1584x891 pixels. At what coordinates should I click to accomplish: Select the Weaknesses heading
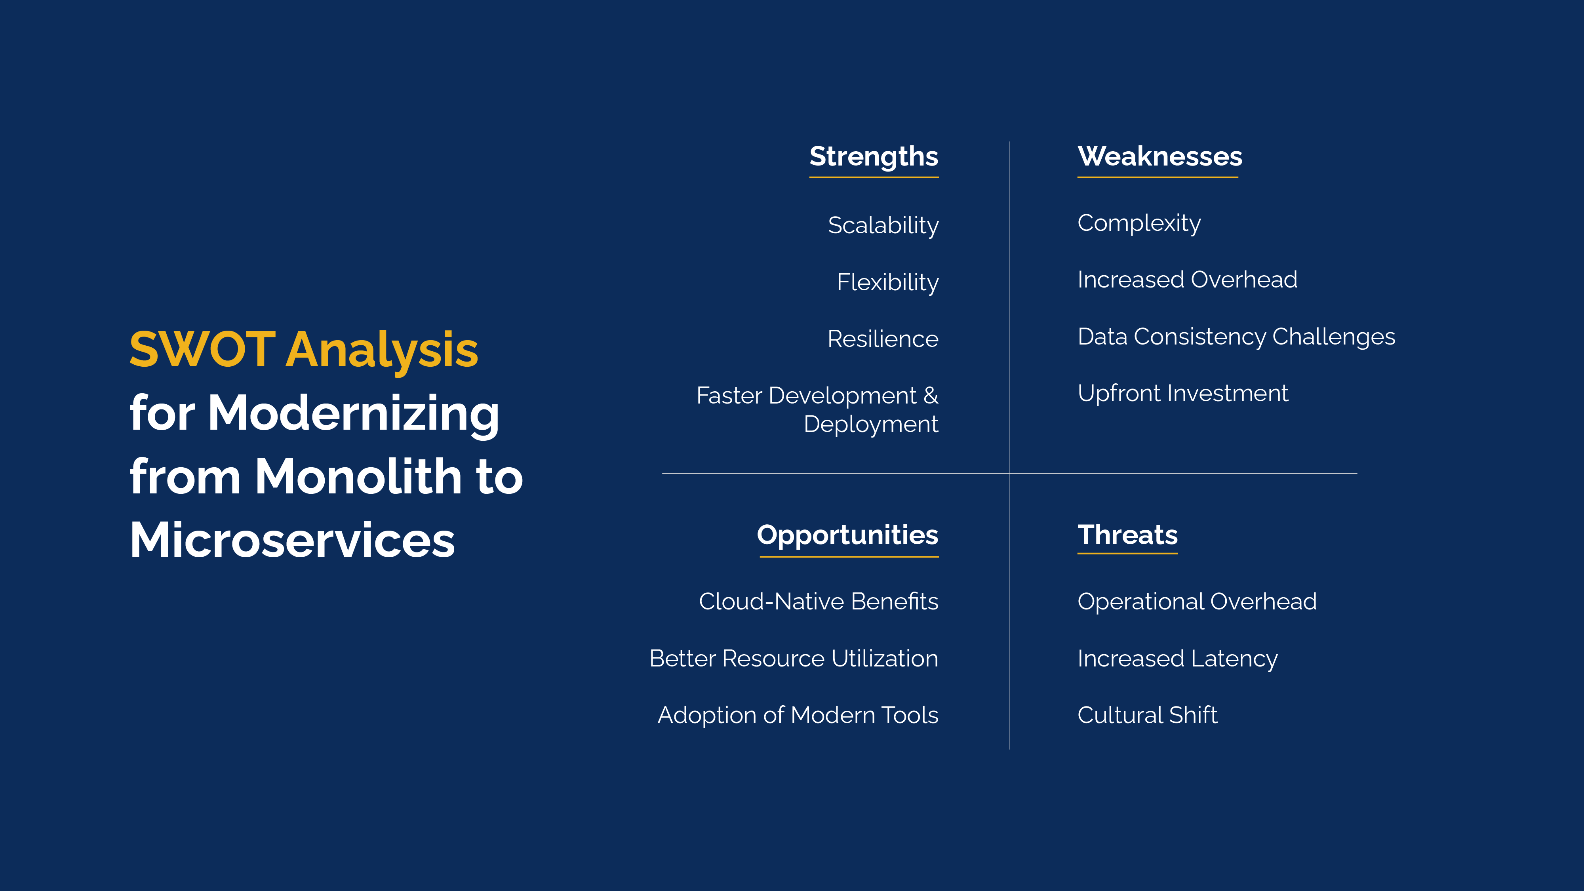pyautogui.click(x=1160, y=156)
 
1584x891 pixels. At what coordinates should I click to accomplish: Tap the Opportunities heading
pyautogui.click(x=847, y=535)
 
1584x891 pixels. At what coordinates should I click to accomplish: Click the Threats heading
pyautogui.click(x=1127, y=535)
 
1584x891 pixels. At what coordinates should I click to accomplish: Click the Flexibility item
pyautogui.click(x=887, y=282)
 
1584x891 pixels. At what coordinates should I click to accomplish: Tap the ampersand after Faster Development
pyautogui.click(x=930, y=395)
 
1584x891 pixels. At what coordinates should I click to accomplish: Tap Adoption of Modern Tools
pyautogui.click(x=798, y=715)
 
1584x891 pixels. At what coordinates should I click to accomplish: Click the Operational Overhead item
pyautogui.click(x=1197, y=602)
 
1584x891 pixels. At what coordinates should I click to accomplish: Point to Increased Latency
pyautogui.click(x=1177, y=659)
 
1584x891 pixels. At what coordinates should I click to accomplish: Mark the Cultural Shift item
pyautogui.click(x=1147, y=715)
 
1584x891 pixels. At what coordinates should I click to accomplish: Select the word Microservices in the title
pyautogui.click(x=292, y=540)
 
